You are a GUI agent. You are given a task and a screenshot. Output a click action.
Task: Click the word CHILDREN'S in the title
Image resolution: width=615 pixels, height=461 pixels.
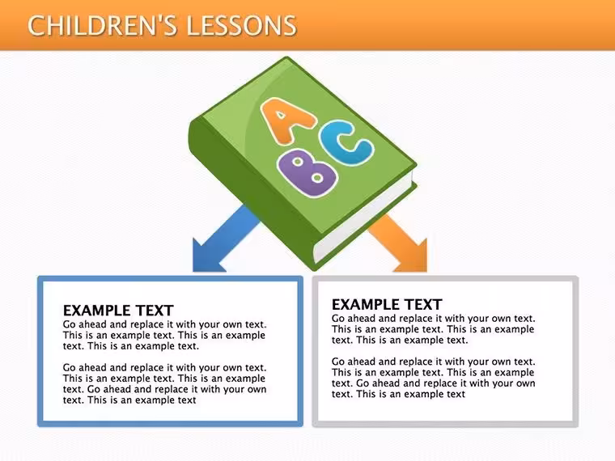click(103, 26)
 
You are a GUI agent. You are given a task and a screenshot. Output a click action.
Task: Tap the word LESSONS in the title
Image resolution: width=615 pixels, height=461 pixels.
click(241, 26)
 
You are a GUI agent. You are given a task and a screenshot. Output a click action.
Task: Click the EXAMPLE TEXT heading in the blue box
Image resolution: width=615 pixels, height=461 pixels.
click(118, 311)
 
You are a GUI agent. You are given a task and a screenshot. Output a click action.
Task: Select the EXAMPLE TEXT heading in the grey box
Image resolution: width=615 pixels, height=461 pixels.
click(387, 305)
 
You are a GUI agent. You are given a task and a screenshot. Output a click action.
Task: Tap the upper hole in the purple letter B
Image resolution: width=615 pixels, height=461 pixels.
click(298, 162)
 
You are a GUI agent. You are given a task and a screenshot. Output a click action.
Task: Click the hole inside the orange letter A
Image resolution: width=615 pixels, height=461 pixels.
click(281, 115)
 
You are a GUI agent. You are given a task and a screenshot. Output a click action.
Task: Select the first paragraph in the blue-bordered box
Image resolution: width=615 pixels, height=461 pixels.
click(165, 335)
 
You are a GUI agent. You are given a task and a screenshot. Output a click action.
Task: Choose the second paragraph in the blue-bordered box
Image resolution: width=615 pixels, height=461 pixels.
click(165, 384)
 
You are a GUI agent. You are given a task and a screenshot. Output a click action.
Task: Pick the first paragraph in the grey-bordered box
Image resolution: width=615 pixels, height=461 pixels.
click(434, 329)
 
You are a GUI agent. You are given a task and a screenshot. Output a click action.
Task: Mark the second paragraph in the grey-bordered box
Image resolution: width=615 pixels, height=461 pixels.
click(434, 378)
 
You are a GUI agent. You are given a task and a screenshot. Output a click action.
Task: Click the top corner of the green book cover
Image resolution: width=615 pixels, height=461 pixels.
click(286, 57)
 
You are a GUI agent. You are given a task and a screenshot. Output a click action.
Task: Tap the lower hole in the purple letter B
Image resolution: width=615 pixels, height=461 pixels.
click(317, 179)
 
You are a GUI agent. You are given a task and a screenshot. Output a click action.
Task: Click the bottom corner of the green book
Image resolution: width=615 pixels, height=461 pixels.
click(315, 270)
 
